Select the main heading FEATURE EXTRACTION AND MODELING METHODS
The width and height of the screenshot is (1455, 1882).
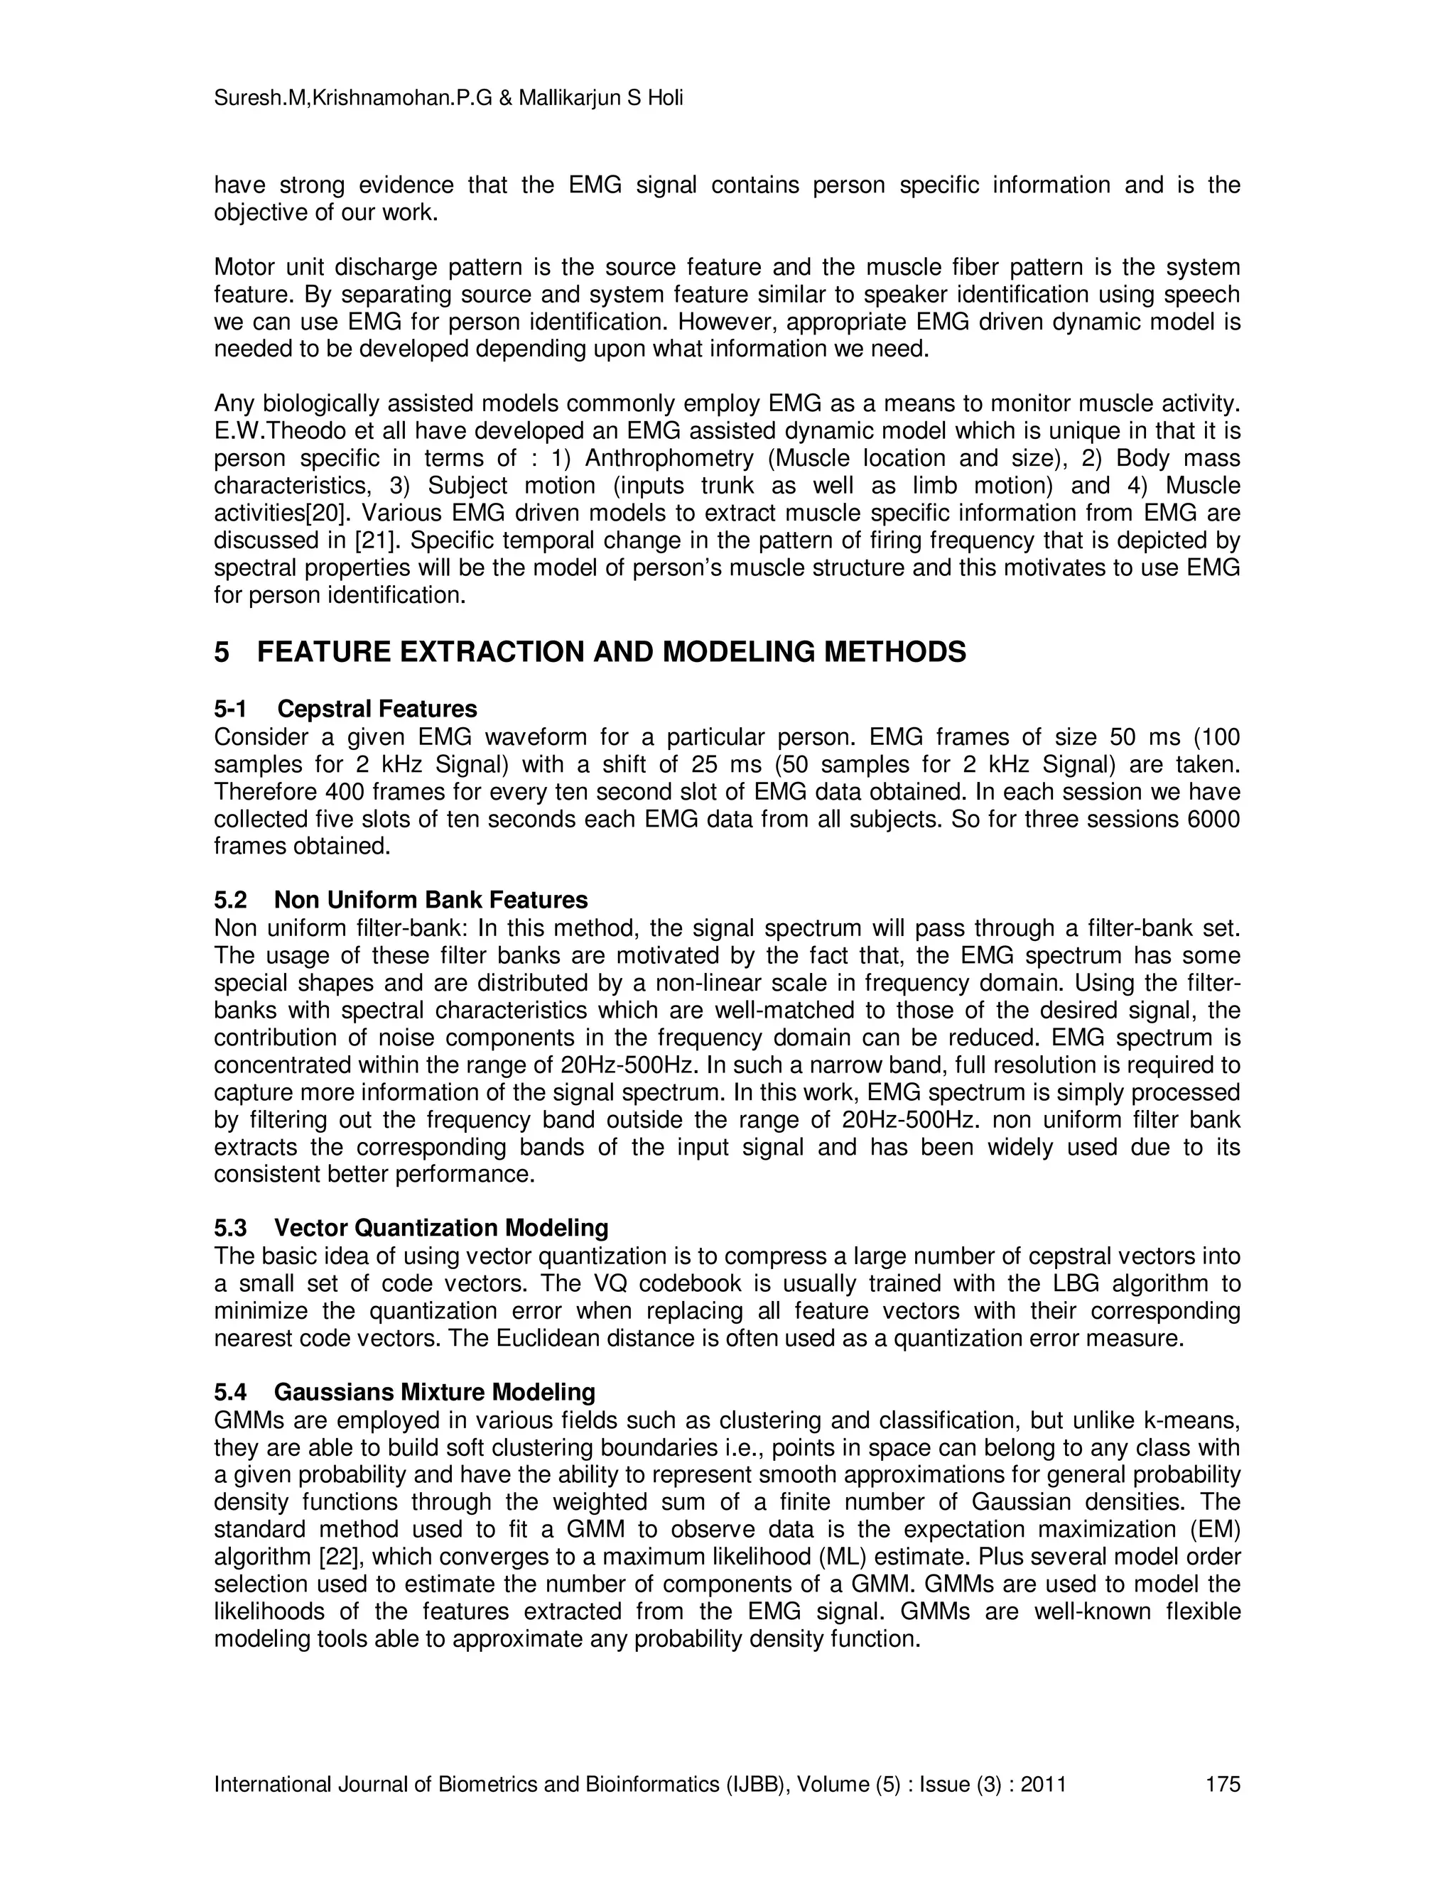pos(611,653)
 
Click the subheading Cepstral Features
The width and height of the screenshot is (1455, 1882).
pos(377,709)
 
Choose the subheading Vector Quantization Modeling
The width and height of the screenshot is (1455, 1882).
pos(440,1228)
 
